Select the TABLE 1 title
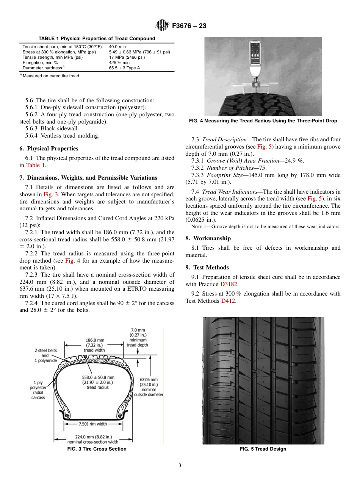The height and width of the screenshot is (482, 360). click(x=97, y=39)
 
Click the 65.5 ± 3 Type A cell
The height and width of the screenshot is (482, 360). click(x=124, y=68)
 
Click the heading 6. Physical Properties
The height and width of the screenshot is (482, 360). click(x=49, y=149)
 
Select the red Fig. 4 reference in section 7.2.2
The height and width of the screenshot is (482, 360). click(x=72, y=261)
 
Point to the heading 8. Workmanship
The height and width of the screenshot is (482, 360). click(x=208, y=238)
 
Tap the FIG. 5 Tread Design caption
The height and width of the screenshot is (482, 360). click(x=263, y=449)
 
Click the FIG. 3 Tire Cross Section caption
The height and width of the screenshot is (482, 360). click(x=97, y=449)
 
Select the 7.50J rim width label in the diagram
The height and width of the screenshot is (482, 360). click(x=93, y=424)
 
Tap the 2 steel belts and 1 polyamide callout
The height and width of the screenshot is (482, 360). click(x=45, y=355)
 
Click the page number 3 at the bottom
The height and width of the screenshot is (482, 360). click(x=180, y=466)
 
